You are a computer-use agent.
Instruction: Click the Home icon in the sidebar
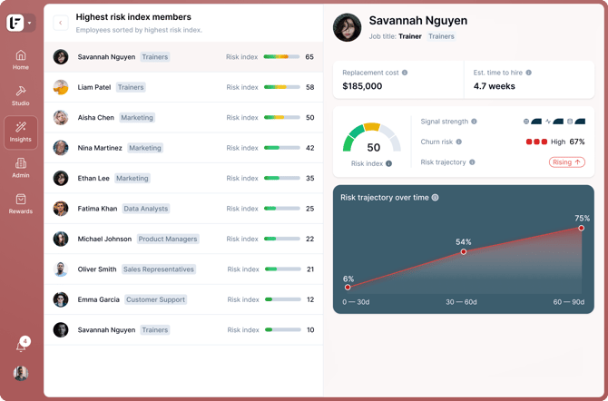tap(21, 55)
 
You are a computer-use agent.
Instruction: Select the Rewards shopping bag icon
tap(21, 199)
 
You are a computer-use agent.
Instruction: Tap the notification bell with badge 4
tap(22, 346)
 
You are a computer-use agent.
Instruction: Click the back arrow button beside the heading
tap(61, 23)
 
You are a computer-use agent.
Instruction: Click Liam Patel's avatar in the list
tap(61, 87)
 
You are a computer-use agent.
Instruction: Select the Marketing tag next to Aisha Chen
tap(137, 118)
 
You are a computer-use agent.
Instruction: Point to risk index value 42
tap(309, 148)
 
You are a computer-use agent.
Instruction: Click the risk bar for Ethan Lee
tap(282, 179)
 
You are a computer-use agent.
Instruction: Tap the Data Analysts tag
tap(146, 209)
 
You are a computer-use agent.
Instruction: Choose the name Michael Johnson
tap(104, 239)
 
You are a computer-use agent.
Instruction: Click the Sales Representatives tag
tap(159, 269)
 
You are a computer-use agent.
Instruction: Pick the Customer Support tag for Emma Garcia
tap(155, 299)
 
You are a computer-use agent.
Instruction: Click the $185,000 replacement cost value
tap(362, 86)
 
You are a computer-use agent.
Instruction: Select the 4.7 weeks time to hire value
tap(494, 86)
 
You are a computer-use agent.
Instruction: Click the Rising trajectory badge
tap(567, 162)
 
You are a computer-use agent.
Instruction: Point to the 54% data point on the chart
tap(464, 251)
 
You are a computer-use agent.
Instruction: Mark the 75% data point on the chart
tap(581, 228)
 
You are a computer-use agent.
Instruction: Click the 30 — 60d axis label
tap(461, 302)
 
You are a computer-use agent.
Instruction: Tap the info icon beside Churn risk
tap(458, 142)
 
